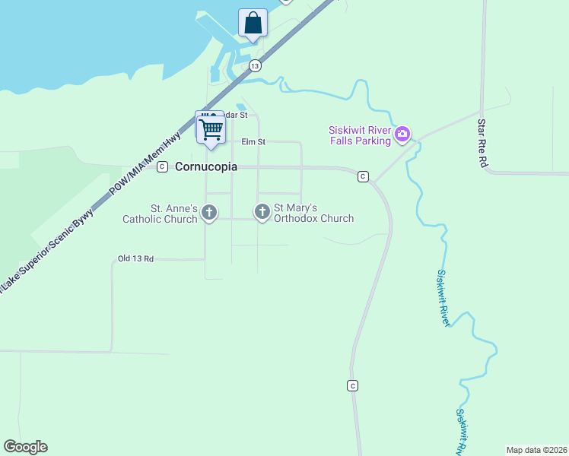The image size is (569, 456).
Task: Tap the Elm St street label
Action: [x=253, y=141]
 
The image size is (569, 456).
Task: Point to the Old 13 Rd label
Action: [x=136, y=259]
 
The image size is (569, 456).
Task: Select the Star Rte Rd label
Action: [x=482, y=143]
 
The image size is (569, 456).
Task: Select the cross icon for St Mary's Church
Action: [x=262, y=212]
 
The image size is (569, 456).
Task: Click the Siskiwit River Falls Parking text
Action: [x=360, y=135]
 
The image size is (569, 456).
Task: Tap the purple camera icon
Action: [x=402, y=135]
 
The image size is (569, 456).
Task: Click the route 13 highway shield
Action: [x=255, y=66]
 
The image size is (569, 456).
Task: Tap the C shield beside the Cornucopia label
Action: [x=162, y=167]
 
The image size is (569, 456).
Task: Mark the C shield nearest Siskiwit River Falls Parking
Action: [x=363, y=176]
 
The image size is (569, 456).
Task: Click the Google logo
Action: [x=25, y=447]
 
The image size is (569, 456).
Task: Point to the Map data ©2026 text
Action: [x=536, y=450]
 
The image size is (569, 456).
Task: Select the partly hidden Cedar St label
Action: [x=237, y=115]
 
